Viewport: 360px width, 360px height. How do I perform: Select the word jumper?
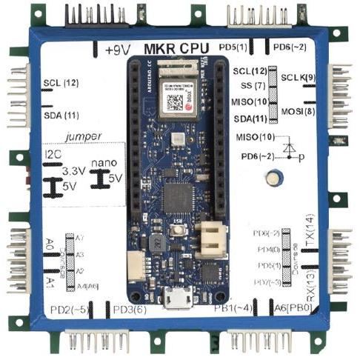tap(81, 136)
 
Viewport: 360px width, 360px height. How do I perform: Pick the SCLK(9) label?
tap(301, 77)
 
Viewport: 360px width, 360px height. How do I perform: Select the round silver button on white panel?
tap(276, 178)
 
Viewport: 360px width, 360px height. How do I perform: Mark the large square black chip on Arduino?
tap(176, 196)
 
